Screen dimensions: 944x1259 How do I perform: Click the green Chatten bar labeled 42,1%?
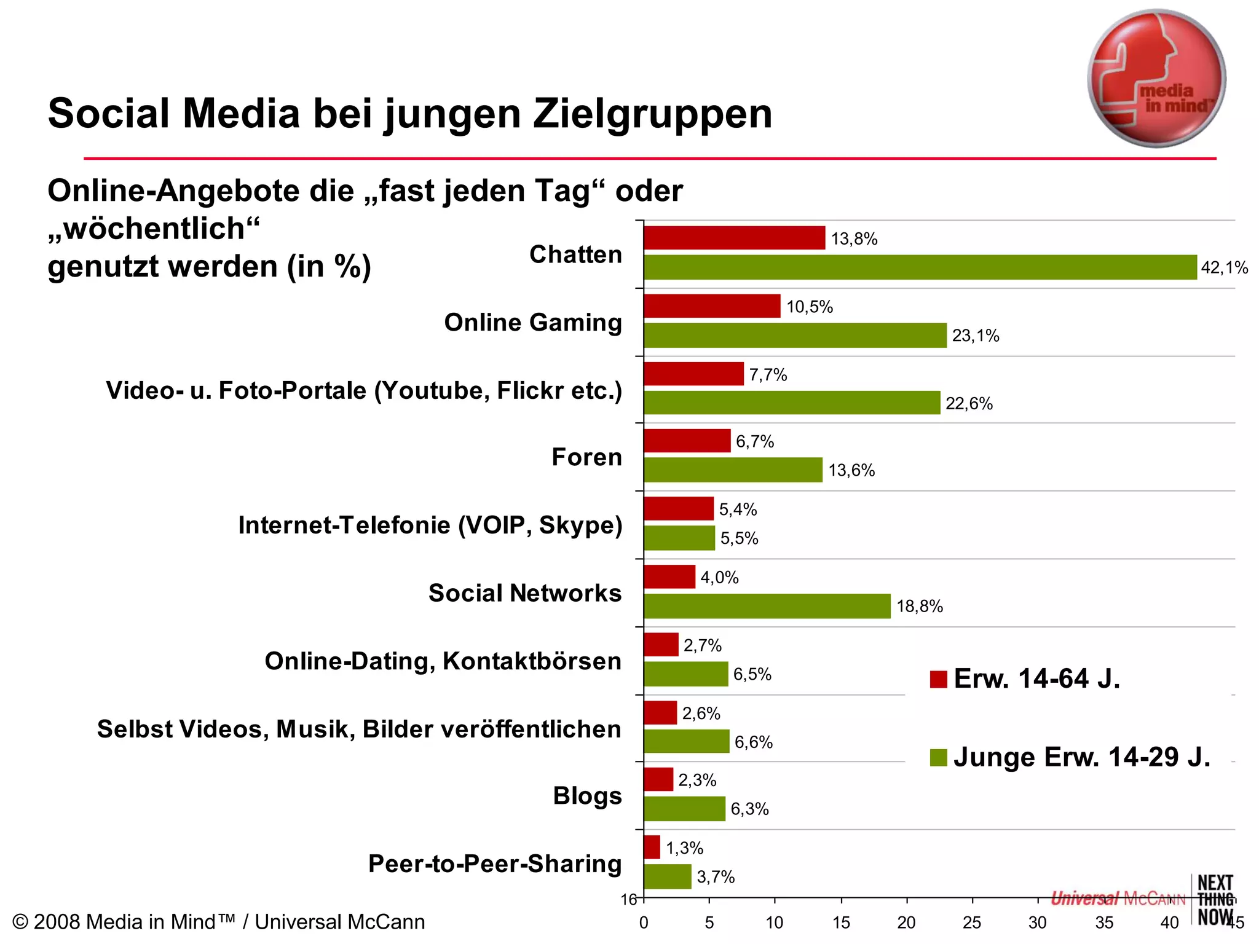920,267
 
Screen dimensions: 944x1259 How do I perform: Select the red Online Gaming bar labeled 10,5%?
712,306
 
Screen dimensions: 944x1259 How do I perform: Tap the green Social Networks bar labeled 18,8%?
767,606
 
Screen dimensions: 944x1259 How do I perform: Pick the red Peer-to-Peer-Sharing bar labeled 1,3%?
652,848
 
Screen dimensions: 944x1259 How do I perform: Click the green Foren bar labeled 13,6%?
733,470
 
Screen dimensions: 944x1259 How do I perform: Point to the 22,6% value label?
969,404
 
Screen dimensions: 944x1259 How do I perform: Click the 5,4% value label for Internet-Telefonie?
738,509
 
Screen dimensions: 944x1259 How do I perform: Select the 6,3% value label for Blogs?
749,809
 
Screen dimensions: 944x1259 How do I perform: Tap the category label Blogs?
587,796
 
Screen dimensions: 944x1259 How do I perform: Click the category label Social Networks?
524,593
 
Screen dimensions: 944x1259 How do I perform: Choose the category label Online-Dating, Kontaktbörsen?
443,661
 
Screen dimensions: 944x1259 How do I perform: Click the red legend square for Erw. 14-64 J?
938,679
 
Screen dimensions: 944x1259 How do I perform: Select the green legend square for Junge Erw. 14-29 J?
938,757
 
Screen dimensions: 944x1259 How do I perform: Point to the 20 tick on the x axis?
906,922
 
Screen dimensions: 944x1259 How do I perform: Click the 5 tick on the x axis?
709,922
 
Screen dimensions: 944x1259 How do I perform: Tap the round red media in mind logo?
1156,79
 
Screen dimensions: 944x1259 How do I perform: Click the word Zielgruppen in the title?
652,114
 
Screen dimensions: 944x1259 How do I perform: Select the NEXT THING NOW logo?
1215,900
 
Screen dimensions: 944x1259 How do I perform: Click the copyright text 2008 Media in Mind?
218,922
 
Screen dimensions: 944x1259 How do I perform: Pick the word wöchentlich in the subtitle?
154,229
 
